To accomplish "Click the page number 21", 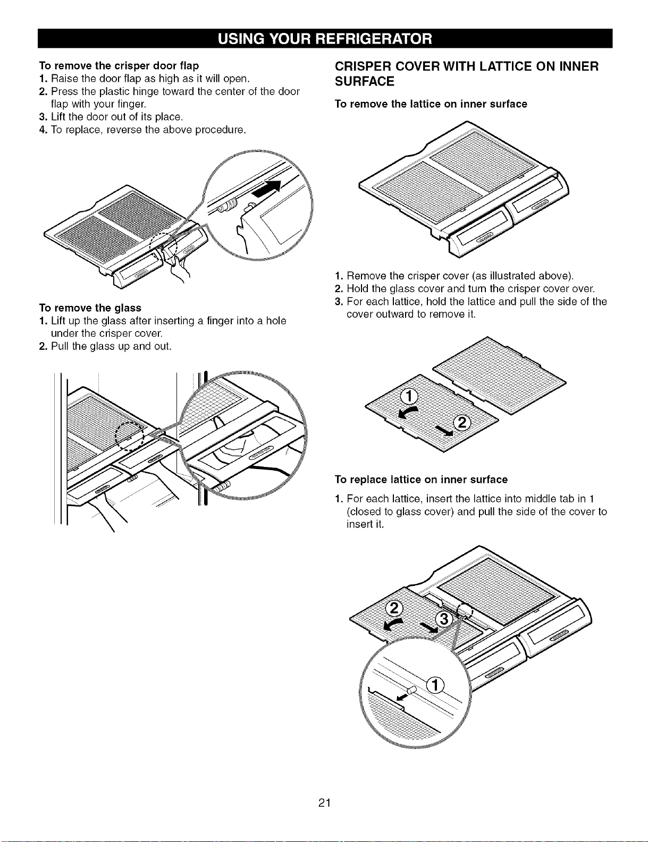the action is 324,803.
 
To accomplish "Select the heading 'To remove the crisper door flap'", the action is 119,65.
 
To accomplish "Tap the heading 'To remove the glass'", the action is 90,308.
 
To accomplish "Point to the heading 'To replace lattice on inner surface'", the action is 421,479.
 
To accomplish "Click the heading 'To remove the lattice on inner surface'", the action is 431,104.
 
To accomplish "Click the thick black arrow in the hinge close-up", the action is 267,188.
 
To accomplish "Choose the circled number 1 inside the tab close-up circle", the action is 435,685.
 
